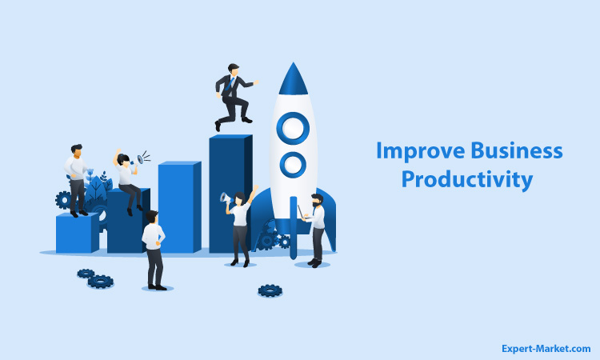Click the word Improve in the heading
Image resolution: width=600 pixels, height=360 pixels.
click(420, 151)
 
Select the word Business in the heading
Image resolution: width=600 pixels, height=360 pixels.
click(517, 150)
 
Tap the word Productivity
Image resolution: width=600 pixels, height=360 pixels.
click(467, 179)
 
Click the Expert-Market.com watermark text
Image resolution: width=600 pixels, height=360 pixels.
click(546, 349)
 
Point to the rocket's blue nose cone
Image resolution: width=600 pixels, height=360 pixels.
click(293, 79)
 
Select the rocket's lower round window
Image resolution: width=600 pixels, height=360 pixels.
click(293, 165)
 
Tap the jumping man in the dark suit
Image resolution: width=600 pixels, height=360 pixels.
click(234, 97)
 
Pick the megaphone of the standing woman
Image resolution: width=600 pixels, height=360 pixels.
click(226, 198)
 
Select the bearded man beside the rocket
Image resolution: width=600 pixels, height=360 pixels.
click(316, 230)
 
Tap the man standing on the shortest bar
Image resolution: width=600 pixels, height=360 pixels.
click(77, 181)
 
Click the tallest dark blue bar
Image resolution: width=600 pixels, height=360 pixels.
click(230, 194)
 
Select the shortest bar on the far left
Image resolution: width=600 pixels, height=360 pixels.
click(78, 233)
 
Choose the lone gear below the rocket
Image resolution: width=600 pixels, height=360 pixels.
click(270, 290)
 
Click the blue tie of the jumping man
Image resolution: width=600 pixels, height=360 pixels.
click(230, 83)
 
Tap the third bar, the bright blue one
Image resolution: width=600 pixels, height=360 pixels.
click(179, 207)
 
